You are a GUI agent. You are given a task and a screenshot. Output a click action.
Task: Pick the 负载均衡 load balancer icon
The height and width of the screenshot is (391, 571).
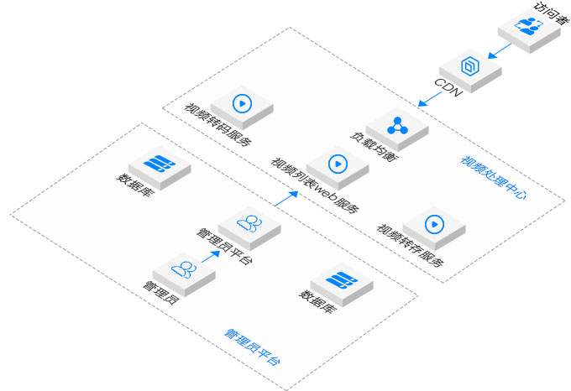point(397,127)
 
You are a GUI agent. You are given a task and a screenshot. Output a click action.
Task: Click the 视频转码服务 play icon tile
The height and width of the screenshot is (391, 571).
point(243,104)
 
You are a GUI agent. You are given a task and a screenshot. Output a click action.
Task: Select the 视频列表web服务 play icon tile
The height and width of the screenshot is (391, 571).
point(338,164)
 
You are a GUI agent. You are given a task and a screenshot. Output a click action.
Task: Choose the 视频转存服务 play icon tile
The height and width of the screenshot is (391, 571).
point(433,224)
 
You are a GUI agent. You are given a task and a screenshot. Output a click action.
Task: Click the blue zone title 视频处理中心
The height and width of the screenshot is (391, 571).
point(494,177)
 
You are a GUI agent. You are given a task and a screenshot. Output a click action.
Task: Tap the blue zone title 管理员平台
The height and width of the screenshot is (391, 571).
point(252,347)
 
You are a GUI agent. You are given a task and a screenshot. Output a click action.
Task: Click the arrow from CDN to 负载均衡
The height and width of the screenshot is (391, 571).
point(430,100)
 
